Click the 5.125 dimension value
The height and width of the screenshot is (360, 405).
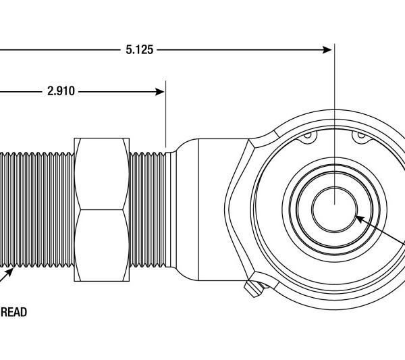click(139, 50)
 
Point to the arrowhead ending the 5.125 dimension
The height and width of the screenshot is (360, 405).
click(328, 49)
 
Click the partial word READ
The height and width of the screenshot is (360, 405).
click(13, 313)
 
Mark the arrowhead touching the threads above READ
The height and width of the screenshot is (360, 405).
click(10, 273)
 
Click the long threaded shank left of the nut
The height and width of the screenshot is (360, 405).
click(37, 209)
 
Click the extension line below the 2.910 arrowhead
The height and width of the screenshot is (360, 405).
click(166, 122)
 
